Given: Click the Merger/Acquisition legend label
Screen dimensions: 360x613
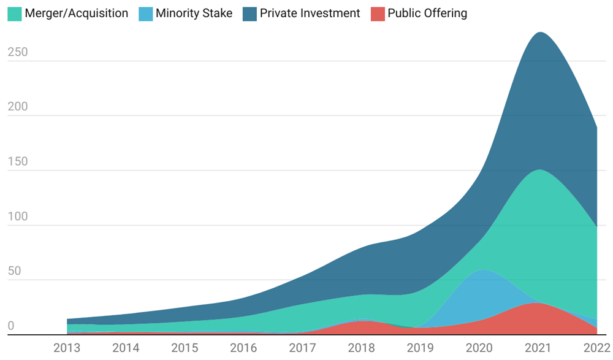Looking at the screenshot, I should (x=77, y=13).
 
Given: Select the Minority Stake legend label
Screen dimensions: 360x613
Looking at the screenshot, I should (x=194, y=13).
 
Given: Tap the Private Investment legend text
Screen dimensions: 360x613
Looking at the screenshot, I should (x=310, y=13).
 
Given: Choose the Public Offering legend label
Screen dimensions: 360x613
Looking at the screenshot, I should (x=427, y=13).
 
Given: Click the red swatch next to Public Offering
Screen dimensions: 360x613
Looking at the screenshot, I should (x=378, y=13).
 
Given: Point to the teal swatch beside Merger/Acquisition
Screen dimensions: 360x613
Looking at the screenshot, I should (x=14, y=13).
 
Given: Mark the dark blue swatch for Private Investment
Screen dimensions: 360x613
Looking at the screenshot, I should (x=249, y=13).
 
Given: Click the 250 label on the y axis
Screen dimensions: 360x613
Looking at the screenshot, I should (x=18, y=53).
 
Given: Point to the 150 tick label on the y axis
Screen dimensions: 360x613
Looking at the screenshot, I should (x=18, y=162).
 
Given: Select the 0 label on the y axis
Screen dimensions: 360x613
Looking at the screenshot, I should (x=10, y=326).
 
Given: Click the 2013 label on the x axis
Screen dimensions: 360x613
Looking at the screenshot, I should (x=67, y=348).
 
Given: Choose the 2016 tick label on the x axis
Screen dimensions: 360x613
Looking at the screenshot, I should (x=243, y=348).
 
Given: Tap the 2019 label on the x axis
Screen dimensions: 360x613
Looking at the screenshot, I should (x=420, y=348).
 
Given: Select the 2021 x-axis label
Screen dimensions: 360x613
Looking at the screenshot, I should (x=538, y=348).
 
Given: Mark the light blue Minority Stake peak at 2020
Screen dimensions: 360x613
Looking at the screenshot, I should (x=484, y=270).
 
